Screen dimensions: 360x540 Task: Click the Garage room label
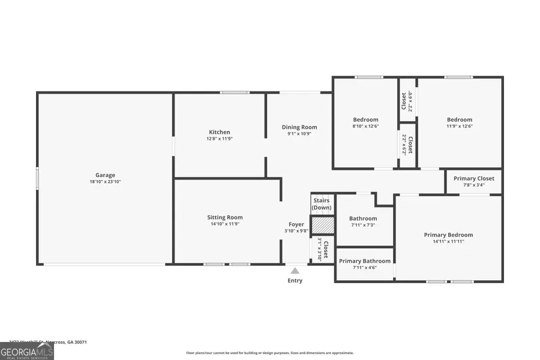pyautogui.click(x=105, y=175)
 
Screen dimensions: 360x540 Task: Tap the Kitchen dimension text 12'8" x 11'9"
pyautogui.click(x=220, y=139)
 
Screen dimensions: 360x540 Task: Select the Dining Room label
pyautogui.click(x=299, y=127)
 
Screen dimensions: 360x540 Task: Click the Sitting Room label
pyautogui.click(x=225, y=217)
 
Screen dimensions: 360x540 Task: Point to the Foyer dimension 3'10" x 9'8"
pyautogui.click(x=296, y=231)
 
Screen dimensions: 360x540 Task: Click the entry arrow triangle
pyautogui.click(x=295, y=271)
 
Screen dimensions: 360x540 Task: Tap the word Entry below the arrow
pyautogui.click(x=295, y=281)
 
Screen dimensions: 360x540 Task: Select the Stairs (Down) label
pyautogui.click(x=322, y=204)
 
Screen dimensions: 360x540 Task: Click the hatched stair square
pyautogui.click(x=322, y=224)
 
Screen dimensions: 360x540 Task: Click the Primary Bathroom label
pyautogui.click(x=365, y=261)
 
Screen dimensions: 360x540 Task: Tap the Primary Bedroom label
pyautogui.click(x=448, y=235)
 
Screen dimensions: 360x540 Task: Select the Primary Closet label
pyautogui.click(x=474, y=178)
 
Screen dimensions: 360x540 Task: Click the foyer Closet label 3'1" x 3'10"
pyautogui.click(x=323, y=250)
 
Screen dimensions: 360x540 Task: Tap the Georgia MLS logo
pyautogui.click(x=27, y=350)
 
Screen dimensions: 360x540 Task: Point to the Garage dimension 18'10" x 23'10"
pyautogui.click(x=105, y=182)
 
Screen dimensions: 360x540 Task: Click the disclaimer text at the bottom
pyautogui.click(x=270, y=353)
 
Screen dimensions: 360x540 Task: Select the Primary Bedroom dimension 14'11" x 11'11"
pyautogui.click(x=448, y=241)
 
